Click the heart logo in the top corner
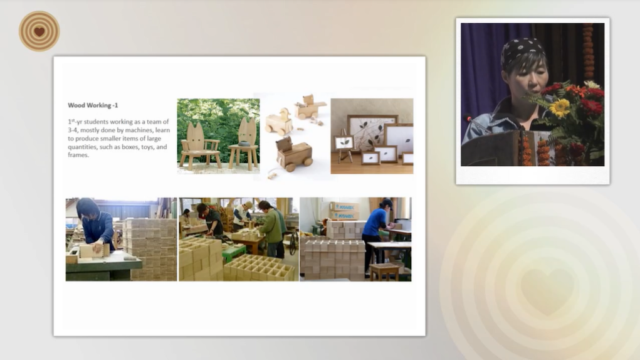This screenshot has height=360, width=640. coord(39,31)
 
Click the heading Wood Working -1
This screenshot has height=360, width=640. coord(93,105)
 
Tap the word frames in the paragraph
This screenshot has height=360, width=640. coord(78,155)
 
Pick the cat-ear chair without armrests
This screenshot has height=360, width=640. coord(244,144)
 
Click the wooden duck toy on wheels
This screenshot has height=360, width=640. coord(279,122)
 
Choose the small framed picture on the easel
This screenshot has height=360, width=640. coord(344,144)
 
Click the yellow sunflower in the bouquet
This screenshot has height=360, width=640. coord(560,108)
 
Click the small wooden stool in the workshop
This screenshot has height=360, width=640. coord(384,272)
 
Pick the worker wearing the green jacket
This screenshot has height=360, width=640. coord(272,228)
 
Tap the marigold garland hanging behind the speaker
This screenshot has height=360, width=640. coord(588,51)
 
